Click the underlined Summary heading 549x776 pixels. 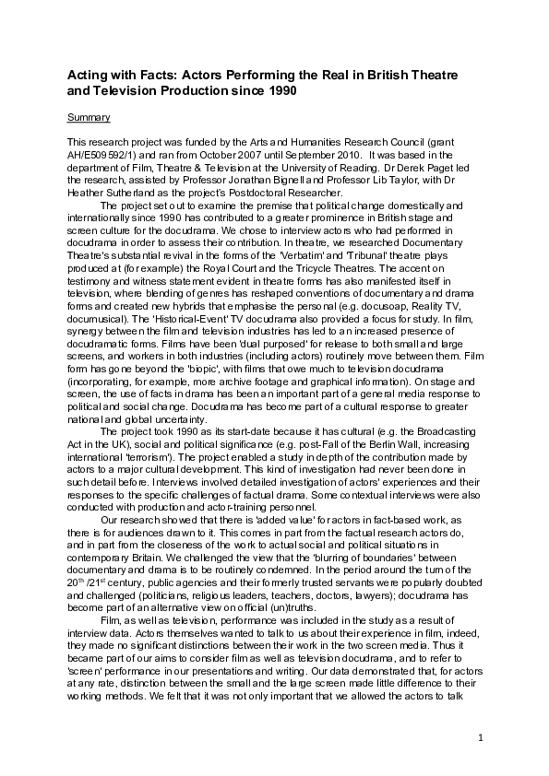click(x=89, y=118)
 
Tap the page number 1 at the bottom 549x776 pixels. click(x=482, y=738)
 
